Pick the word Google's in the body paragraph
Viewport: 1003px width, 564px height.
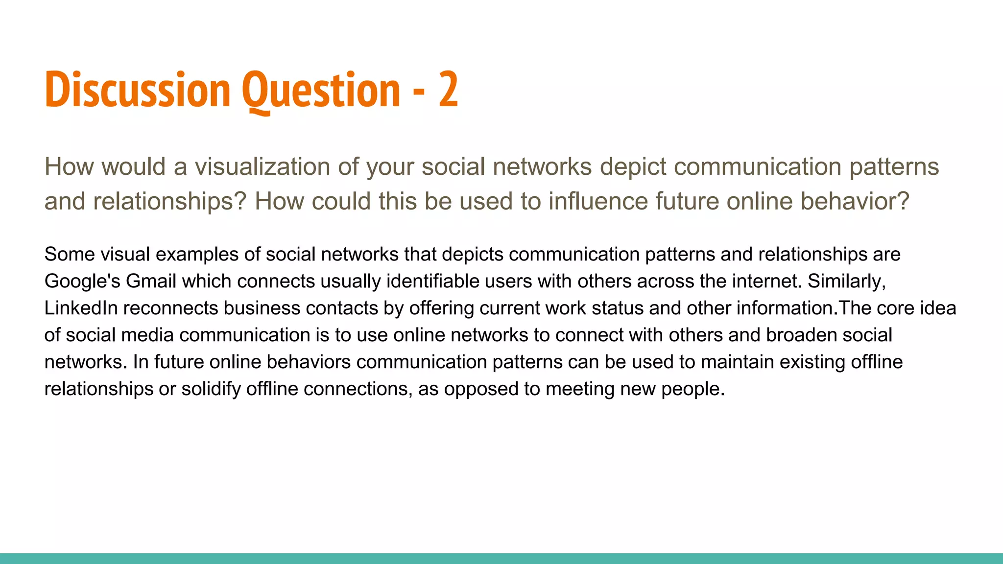click(82, 282)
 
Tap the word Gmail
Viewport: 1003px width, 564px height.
click(151, 282)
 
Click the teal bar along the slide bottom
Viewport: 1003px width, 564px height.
click(501, 559)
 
